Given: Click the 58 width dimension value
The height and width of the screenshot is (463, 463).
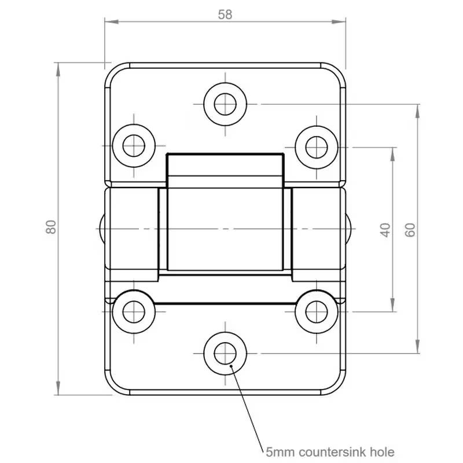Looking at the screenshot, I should [225, 15].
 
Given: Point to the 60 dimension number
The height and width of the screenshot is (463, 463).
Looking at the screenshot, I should [410, 229].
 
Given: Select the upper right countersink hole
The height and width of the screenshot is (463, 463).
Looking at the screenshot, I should [316, 145].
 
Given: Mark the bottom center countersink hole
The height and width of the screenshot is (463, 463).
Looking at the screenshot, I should [225, 352].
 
